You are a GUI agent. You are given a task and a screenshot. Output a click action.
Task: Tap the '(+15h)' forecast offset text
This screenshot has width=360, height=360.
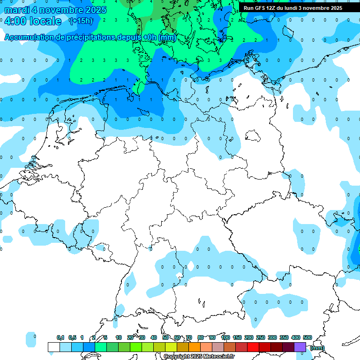coord(81,21)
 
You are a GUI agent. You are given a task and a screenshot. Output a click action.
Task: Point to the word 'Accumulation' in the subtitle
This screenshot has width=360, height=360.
coord(29,37)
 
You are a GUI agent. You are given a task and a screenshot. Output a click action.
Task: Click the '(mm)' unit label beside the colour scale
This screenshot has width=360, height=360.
coord(317,347)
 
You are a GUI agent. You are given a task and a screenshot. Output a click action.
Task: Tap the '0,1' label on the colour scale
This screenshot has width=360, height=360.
coord(60,337)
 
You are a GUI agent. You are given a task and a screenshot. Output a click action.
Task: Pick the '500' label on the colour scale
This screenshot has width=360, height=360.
coord(307,337)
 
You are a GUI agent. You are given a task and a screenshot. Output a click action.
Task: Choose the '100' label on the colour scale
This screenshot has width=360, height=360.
coord(225,337)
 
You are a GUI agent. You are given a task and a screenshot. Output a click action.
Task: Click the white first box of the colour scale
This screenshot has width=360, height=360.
coord(54,347)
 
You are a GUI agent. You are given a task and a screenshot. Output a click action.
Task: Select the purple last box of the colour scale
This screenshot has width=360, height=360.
coord(300,347)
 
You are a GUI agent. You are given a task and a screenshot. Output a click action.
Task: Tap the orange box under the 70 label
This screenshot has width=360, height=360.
coord(183,347)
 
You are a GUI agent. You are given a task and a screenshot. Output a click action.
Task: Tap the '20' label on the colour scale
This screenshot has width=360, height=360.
coord(130,337)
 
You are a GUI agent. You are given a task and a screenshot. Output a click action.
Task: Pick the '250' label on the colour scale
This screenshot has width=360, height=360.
coord(261,337)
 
